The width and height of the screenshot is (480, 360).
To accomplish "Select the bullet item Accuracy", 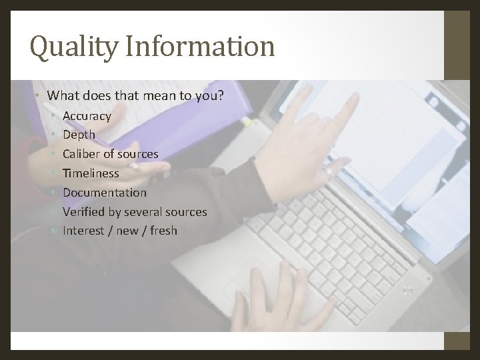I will point(87,115).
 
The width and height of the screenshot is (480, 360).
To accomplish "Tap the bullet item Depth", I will point(79,135).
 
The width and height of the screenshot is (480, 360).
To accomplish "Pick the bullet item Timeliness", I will point(91,173).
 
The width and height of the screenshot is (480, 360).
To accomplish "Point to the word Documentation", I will point(104,193).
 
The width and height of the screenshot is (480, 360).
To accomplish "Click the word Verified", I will point(83,212).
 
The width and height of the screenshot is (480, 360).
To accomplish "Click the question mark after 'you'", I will point(221,96).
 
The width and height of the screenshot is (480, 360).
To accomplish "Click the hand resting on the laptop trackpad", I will point(287,293).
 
